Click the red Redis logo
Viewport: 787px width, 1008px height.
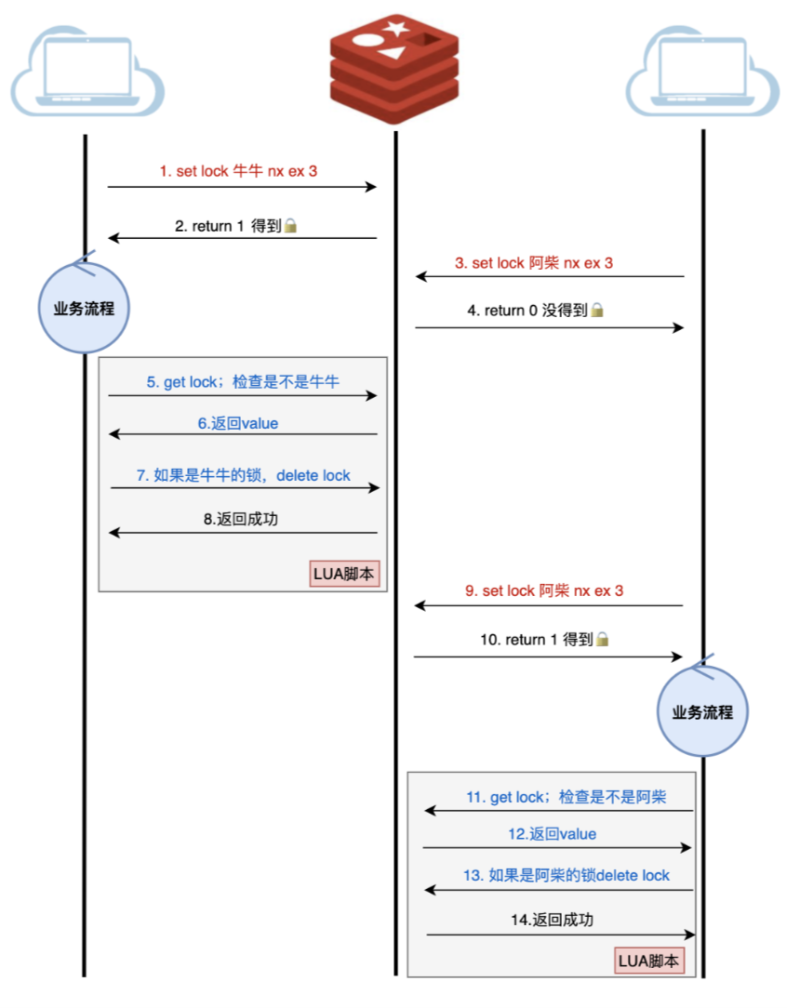point(394,69)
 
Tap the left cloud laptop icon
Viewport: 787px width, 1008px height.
point(88,71)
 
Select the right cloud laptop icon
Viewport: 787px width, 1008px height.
point(702,71)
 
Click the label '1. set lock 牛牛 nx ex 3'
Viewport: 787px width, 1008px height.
point(238,171)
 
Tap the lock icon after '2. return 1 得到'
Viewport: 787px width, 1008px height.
point(290,226)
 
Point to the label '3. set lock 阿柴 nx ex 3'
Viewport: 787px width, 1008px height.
point(534,263)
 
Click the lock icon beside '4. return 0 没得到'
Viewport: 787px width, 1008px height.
point(597,311)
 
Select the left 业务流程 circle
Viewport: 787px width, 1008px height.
point(85,308)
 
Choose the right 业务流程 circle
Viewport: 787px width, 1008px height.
point(702,711)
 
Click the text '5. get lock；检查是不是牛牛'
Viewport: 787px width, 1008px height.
point(243,382)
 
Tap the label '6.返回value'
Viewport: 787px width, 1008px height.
point(238,423)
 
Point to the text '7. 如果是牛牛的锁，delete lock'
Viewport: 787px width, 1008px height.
point(243,475)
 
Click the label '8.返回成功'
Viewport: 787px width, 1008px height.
point(240,519)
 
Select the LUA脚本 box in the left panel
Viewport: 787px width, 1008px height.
point(344,574)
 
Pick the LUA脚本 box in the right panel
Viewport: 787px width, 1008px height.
point(649,961)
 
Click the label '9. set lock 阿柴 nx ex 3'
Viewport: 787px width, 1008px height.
point(544,590)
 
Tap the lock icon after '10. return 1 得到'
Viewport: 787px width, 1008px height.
point(603,640)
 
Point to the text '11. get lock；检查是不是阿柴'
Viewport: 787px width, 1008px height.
point(566,797)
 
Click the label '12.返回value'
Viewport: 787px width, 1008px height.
point(552,834)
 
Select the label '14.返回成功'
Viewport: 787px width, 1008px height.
point(552,920)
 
